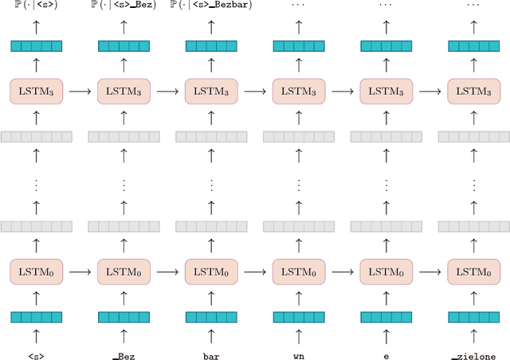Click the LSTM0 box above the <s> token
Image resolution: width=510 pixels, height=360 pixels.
point(36,272)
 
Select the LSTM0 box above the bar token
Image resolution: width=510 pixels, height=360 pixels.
point(211,272)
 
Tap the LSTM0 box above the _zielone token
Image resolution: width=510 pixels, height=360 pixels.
point(474,272)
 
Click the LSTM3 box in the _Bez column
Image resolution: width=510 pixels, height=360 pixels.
point(124,92)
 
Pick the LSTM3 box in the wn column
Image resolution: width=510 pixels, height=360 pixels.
point(299,92)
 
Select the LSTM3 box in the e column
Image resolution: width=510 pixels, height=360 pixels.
point(386,92)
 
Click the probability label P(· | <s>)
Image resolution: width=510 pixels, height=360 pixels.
point(36,6)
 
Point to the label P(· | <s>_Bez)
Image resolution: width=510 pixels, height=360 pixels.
point(124,6)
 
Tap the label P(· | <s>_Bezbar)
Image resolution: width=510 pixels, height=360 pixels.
point(211,6)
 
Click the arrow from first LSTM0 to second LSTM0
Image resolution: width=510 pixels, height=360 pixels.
point(80,272)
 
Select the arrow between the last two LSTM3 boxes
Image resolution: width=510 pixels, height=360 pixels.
point(430,92)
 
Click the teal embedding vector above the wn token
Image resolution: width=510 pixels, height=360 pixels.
point(299,317)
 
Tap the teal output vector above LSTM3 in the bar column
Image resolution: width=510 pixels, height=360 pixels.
point(211,46)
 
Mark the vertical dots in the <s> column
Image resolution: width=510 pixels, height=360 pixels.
point(36,184)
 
